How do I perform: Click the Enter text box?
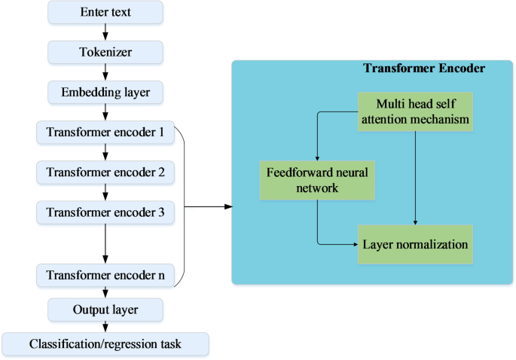click(105, 12)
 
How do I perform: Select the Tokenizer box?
click(105, 53)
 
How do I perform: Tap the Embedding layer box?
click(105, 93)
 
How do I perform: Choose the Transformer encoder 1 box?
click(105, 133)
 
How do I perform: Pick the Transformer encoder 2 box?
click(105, 173)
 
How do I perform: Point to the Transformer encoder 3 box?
click(105, 213)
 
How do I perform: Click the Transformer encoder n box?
click(105, 275)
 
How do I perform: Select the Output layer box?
click(105, 310)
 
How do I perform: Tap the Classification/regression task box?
click(105, 344)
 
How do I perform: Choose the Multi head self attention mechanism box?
click(416, 111)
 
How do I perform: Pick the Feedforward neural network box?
click(317, 179)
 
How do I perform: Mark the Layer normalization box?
click(416, 244)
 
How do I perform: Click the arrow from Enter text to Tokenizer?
click(105, 32)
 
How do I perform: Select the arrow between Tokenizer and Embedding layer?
click(105, 73)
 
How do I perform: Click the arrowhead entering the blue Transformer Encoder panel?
click(226, 205)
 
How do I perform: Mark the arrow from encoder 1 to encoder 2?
click(105, 154)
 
